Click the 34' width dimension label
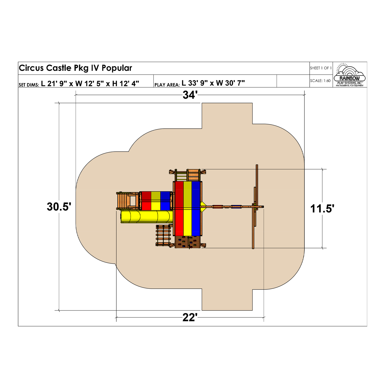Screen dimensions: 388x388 click(x=190, y=95)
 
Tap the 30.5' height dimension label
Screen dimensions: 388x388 click(x=59, y=207)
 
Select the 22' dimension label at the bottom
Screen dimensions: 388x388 click(x=190, y=317)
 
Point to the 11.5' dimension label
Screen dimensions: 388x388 click(x=322, y=208)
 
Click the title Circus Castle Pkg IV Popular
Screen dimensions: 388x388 click(x=76, y=68)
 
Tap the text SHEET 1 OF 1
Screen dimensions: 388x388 click(x=321, y=68)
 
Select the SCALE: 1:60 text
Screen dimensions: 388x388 click(x=320, y=81)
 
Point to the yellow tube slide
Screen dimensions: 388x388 click(x=146, y=217)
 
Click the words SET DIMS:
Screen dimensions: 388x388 click(x=29, y=85)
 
